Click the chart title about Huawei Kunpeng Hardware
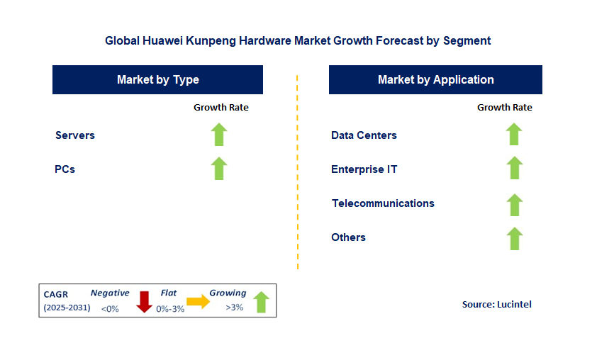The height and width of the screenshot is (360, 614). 298,40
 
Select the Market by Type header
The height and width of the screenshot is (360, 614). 157,79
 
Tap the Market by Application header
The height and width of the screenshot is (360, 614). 435,79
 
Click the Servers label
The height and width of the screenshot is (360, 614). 75,135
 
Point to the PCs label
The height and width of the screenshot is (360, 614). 65,169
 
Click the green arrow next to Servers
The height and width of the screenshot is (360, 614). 219,134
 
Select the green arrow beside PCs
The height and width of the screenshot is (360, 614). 219,169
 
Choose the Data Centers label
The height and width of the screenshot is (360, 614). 364,135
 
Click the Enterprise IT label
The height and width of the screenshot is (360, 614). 364,169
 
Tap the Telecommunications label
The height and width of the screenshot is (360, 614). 383,203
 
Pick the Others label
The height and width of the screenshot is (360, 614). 348,237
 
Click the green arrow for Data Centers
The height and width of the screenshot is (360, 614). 514,134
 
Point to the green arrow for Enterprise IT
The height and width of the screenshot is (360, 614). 514,168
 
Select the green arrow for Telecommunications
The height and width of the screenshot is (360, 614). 514,204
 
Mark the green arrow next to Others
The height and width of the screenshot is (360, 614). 514,238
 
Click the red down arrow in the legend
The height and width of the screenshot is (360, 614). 145,301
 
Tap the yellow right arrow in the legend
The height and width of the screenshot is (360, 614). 199,301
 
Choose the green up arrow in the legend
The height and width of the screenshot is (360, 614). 261,302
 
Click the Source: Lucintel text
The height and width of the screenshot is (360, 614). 496,304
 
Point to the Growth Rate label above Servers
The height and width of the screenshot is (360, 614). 221,107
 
